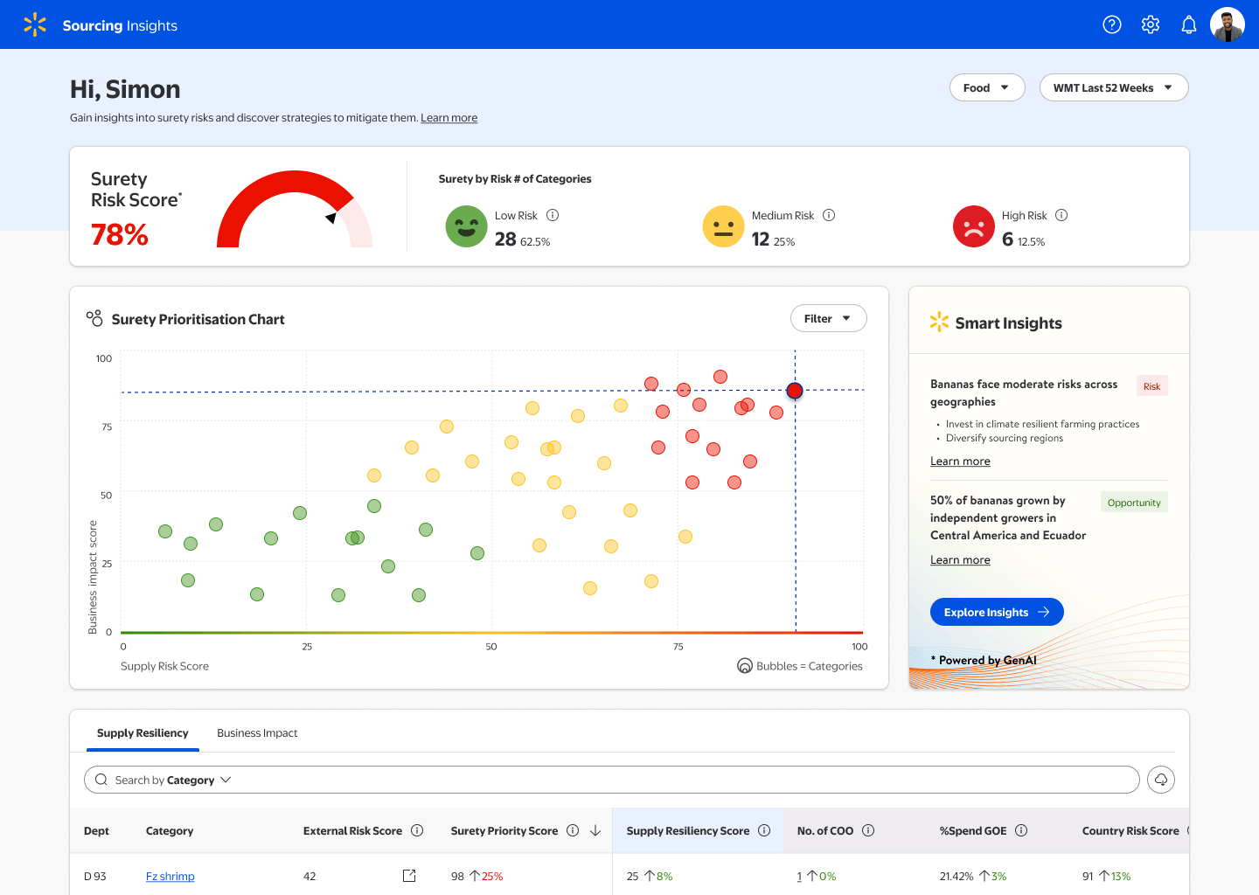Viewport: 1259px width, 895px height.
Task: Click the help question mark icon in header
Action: (x=1111, y=24)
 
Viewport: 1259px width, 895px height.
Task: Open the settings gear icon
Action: (x=1151, y=24)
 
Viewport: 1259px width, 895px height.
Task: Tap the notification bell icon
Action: (x=1189, y=24)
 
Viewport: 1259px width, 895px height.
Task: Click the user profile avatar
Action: (x=1227, y=24)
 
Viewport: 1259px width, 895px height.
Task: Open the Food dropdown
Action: (x=986, y=87)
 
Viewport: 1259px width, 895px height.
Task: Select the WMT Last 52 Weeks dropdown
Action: (x=1113, y=87)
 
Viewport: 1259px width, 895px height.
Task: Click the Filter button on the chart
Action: (x=828, y=318)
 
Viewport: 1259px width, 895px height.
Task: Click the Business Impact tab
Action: (x=257, y=733)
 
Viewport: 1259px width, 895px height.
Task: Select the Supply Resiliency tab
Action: (x=143, y=733)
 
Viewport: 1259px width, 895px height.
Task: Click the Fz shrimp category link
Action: (x=170, y=877)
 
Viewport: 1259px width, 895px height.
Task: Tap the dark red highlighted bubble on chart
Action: (x=795, y=391)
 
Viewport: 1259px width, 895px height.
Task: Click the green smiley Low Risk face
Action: (x=466, y=226)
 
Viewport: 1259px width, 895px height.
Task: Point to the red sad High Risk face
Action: (x=973, y=226)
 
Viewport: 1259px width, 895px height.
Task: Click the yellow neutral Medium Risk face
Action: (x=723, y=226)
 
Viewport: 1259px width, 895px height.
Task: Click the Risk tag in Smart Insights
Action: (x=1151, y=386)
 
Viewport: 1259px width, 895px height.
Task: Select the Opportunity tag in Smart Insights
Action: (x=1134, y=503)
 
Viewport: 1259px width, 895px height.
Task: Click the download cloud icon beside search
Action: (x=1161, y=780)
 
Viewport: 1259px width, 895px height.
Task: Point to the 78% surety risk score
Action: (x=120, y=234)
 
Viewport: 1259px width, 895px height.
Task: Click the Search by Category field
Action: (x=611, y=780)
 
